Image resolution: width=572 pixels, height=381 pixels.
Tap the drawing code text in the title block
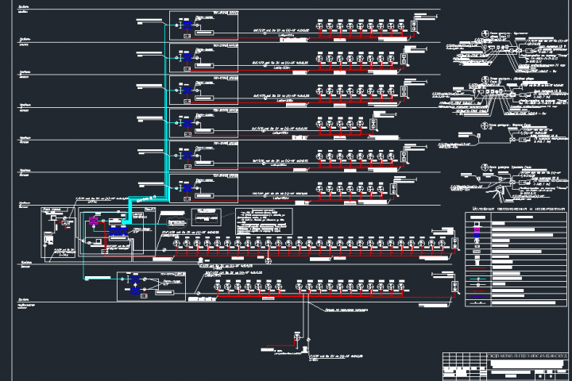pyautogui.click(x=516, y=359)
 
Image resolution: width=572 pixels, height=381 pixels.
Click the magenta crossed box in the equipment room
pyautogui.click(x=93, y=220)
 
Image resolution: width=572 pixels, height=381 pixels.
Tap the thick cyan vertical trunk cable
pyautogui.click(x=165, y=119)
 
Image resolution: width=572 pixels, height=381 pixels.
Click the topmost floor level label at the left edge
pyautogui.click(x=24, y=13)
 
